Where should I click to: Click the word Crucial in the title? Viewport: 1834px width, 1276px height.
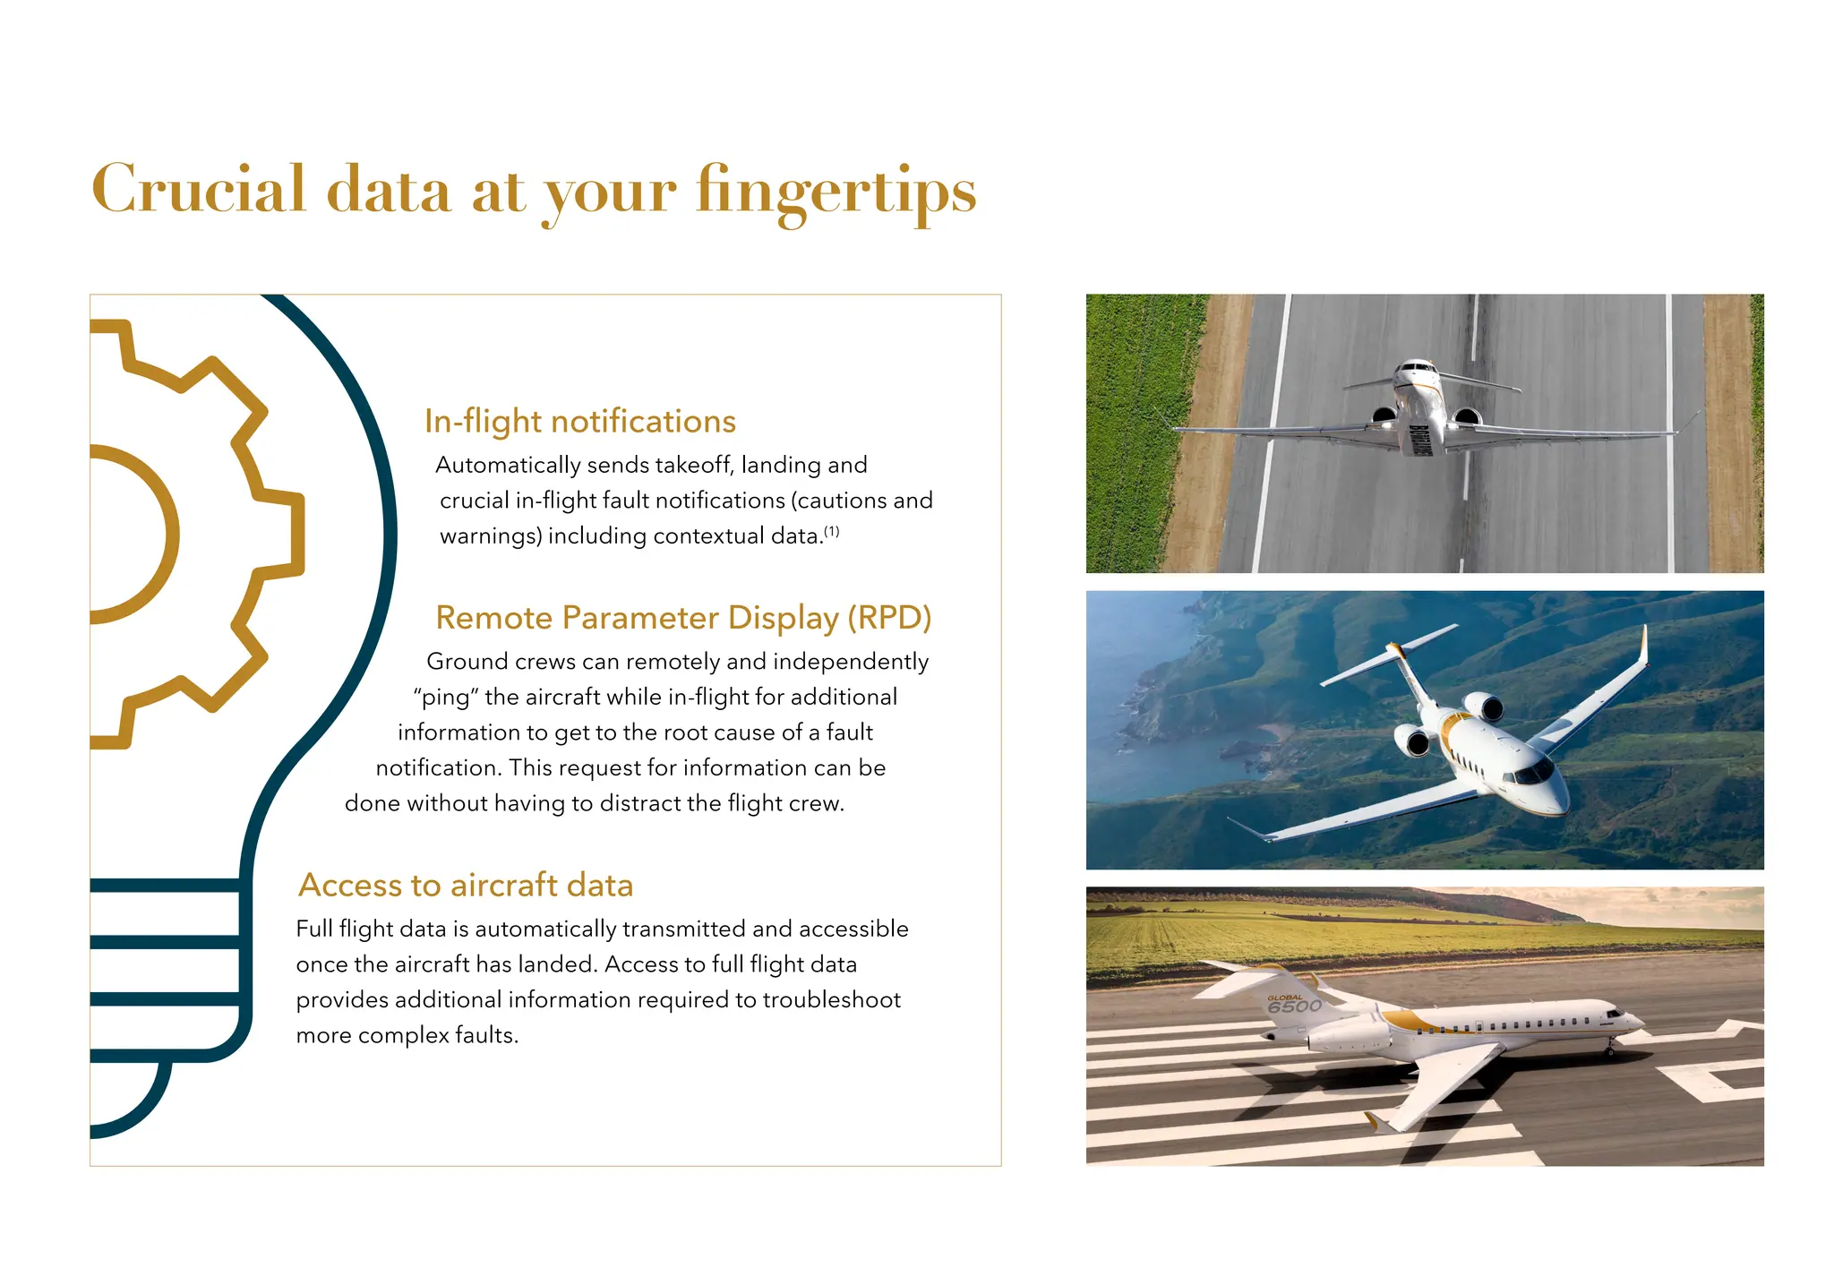click(x=199, y=190)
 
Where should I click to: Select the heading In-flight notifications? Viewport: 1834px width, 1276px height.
click(x=579, y=421)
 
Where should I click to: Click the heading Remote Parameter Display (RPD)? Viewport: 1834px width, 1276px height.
click(x=682, y=618)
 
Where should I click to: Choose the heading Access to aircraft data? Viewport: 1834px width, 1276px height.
click(x=465, y=885)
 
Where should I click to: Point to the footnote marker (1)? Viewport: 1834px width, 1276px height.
click(x=832, y=531)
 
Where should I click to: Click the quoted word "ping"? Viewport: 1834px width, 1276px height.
click(x=446, y=697)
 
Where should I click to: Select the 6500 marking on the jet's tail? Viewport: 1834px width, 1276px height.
click(x=1294, y=1006)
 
